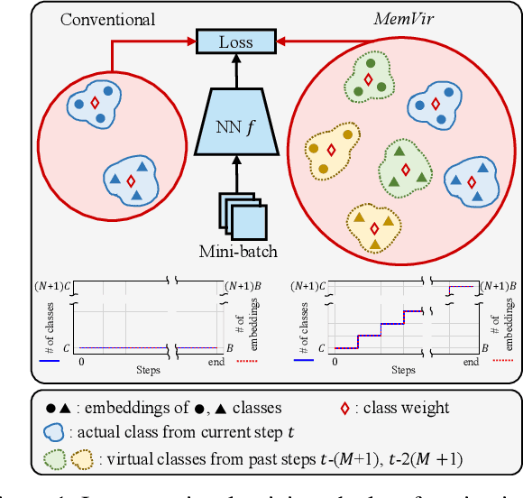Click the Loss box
235,41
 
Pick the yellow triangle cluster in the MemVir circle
372,224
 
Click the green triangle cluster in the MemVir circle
405,166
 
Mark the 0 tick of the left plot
82,360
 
